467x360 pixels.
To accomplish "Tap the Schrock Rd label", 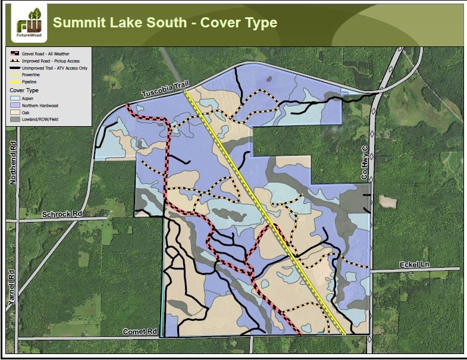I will point(61,213).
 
